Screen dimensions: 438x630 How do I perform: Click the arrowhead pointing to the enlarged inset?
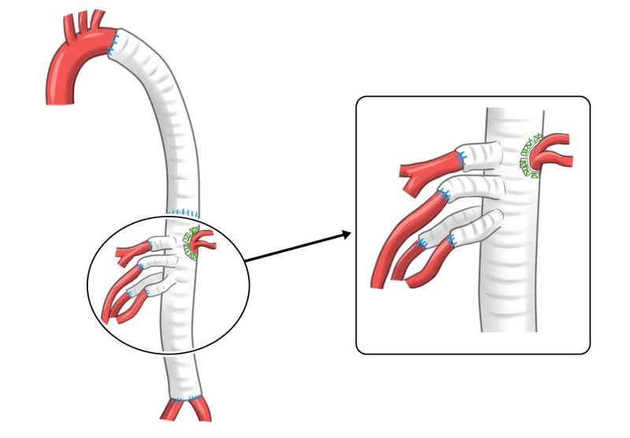tap(346, 233)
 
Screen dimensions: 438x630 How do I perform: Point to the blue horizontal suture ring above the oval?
tap(187, 213)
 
